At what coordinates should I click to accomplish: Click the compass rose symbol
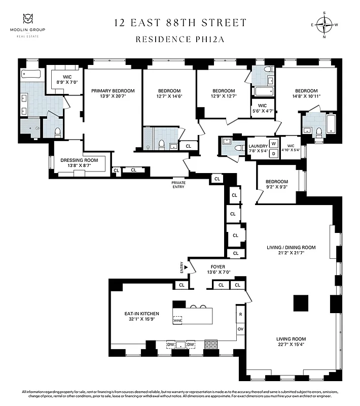(x=323, y=23)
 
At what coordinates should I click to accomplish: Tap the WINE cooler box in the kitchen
(x=177, y=320)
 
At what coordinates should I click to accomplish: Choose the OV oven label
(x=240, y=329)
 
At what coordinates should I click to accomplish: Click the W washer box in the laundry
(x=273, y=144)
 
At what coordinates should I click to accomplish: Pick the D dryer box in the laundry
(x=273, y=153)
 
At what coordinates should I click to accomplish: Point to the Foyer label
(x=218, y=269)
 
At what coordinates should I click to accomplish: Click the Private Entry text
(x=178, y=184)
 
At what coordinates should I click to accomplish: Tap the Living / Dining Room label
(x=291, y=251)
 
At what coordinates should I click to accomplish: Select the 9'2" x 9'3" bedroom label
(x=276, y=184)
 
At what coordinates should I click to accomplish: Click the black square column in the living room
(x=301, y=302)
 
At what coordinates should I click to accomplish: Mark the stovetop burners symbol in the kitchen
(x=210, y=345)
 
